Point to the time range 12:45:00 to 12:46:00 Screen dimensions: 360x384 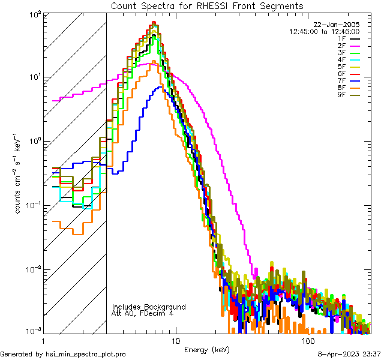(x=325, y=31)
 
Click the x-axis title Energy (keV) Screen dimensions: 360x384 (x=206, y=349)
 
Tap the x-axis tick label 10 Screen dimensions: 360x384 (x=175, y=340)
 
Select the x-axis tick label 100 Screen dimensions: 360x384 (x=308, y=340)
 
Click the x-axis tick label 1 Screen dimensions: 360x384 (x=43, y=340)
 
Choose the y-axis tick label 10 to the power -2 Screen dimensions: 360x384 (x=32, y=270)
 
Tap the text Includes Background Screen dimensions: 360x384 (x=149, y=307)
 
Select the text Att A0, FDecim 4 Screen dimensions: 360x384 (x=143, y=313)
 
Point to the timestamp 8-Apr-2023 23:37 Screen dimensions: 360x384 (x=350, y=354)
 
